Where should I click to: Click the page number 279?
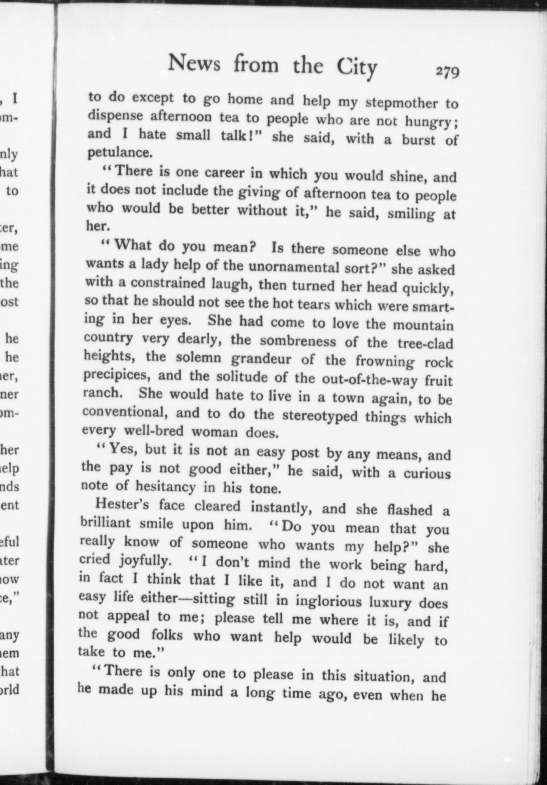[x=447, y=72]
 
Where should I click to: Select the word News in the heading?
[x=194, y=63]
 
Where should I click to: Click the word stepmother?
[x=401, y=102]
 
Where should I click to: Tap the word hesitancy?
[x=166, y=486]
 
